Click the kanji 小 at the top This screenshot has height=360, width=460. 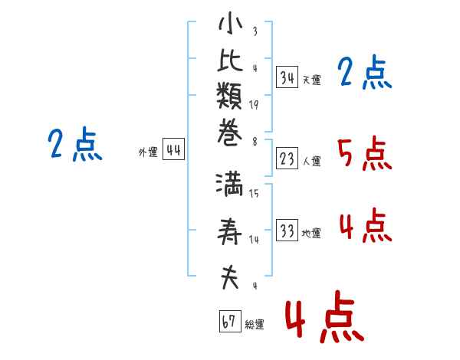click(230, 23)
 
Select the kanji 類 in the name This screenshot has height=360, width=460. click(229, 95)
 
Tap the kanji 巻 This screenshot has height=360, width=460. click(229, 132)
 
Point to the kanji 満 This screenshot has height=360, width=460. click(229, 185)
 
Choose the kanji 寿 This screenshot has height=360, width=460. click(229, 231)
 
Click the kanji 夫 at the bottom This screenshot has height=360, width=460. click(230, 277)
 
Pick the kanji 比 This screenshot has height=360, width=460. click(230, 60)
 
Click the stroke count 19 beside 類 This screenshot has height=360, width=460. click(254, 105)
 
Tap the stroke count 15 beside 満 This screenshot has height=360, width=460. click(254, 193)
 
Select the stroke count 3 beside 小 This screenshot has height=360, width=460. click(255, 31)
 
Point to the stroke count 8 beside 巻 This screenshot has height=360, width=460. click(255, 142)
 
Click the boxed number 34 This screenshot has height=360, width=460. click(287, 77)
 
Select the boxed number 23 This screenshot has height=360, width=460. click(287, 159)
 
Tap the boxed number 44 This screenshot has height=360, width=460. click(174, 149)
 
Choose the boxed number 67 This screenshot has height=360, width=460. click(230, 321)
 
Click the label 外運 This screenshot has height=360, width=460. click(148, 152)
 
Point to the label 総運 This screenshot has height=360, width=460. click(255, 325)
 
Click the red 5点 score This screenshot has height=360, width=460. click(365, 154)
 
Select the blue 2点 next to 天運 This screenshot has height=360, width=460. click(365, 72)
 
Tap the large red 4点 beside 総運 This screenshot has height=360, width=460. click(325, 317)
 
